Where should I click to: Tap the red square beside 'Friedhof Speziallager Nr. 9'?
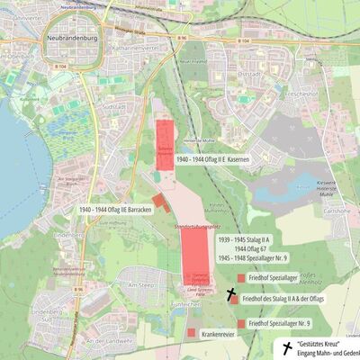pyautogui.click(x=239, y=322)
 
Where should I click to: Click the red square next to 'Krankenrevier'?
pyautogui.click(x=192, y=333)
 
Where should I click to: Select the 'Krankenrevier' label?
pyautogui.click(x=221, y=333)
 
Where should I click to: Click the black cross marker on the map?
pyautogui.click(x=230, y=293)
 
